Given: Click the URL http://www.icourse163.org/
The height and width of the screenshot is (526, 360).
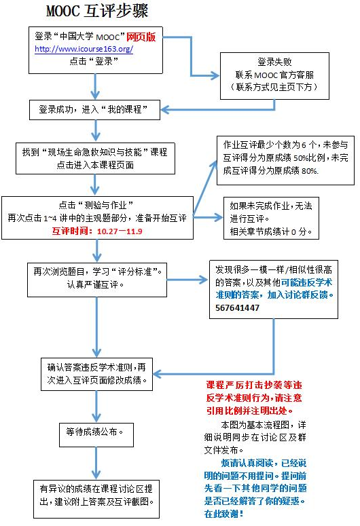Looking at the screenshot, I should click(x=84, y=50).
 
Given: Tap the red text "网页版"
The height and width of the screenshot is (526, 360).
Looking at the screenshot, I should click(x=141, y=38).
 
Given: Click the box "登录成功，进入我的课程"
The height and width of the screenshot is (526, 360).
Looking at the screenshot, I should click(x=94, y=109).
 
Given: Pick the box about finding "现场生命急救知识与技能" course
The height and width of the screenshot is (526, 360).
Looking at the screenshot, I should click(x=94, y=158).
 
